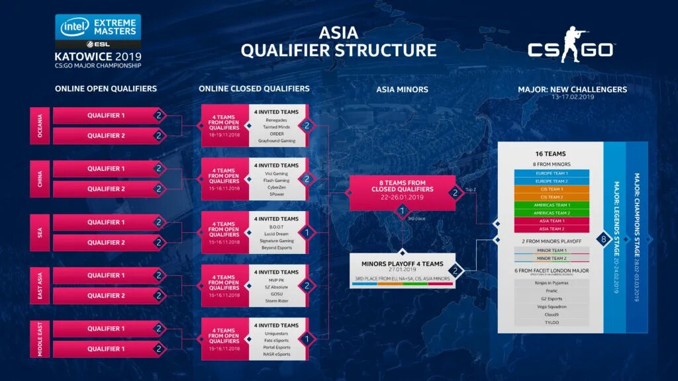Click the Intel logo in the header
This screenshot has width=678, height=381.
pos(75,27)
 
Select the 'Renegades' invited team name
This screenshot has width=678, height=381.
pos(276,120)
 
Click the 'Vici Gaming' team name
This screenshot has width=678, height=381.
pos(276,173)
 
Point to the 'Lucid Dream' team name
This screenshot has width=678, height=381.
pos(276,233)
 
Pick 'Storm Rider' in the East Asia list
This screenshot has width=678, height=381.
pos(276,301)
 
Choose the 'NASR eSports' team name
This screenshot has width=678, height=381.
pos(276,354)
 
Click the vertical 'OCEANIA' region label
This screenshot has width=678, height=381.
pos(39,126)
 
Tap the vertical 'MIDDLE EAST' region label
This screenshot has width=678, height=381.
pos(39,339)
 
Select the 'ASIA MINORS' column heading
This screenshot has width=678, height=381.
pos(402,89)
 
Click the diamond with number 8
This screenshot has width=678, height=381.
pos(603,238)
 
